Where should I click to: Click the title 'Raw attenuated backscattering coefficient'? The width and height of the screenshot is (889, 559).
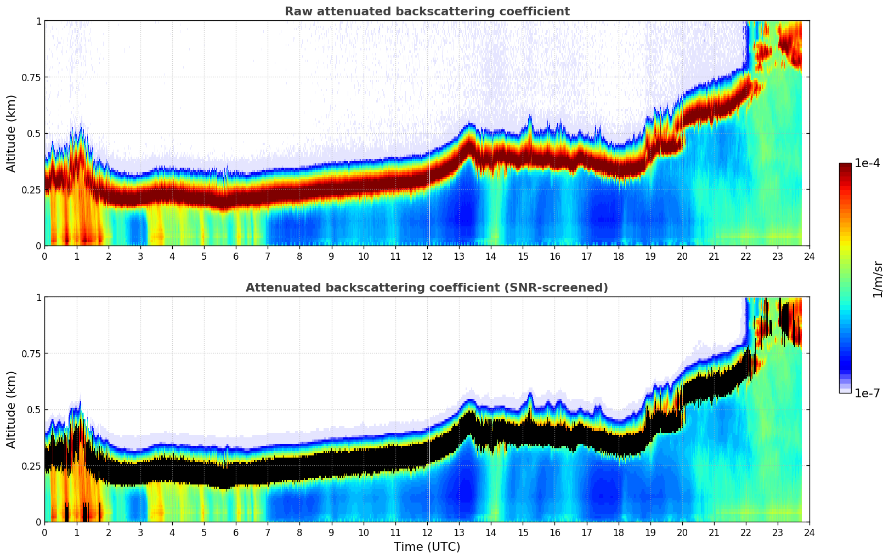[x=427, y=12]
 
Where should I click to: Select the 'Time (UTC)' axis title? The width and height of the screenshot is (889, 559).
[x=427, y=547]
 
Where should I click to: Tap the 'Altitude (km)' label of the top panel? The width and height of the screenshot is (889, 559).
[x=12, y=133]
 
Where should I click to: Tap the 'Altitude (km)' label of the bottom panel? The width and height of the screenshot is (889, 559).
[x=12, y=409]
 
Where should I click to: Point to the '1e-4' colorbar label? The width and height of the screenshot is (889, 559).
[x=867, y=163]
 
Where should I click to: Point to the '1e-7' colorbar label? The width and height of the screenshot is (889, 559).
[x=867, y=393]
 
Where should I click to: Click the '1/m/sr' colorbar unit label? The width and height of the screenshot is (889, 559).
[x=877, y=279]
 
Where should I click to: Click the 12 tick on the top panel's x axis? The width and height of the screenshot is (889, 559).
[x=427, y=256]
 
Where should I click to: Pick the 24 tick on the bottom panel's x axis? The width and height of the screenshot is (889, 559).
[x=809, y=532]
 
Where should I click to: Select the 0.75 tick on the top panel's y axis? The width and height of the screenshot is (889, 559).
[x=31, y=77]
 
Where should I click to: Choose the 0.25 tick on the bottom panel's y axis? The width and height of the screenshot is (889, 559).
[x=31, y=466]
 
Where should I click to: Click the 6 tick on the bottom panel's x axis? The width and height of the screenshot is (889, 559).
[x=236, y=532]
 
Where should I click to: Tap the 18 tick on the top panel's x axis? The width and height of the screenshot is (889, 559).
[x=618, y=256]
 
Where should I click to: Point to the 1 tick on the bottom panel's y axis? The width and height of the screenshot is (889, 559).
[x=38, y=298]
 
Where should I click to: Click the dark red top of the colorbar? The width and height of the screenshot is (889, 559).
[x=845, y=167]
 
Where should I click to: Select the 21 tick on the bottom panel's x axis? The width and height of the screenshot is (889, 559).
[x=714, y=532]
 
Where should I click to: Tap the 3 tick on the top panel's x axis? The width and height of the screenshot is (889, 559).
[x=140, y=256]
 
